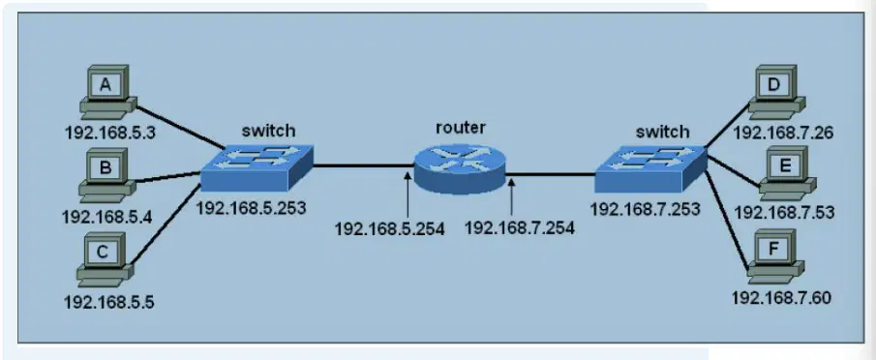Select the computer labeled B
click(107, 174)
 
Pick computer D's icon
click(776, 92)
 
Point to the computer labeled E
click(787, 173)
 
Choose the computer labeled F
click(776, 256)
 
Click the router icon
click(459, 165)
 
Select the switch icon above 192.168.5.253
click(257, 168)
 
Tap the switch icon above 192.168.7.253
click(650, 168)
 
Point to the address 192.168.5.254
click(389, 227)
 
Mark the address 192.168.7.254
click(520, 227)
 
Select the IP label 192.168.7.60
click(781, 297)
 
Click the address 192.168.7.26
click(783, 133)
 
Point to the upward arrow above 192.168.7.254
click(511, 197)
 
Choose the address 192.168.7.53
click(784, 212)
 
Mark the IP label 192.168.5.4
click(107, 216)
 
